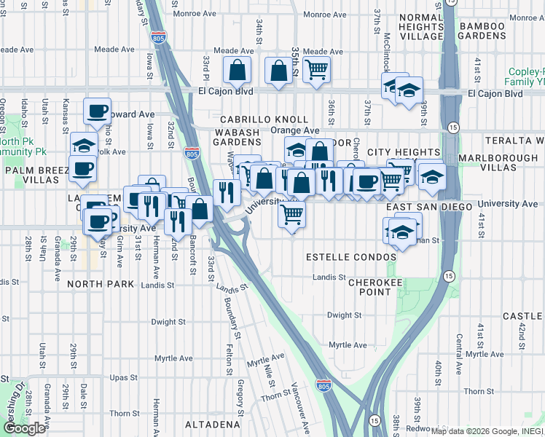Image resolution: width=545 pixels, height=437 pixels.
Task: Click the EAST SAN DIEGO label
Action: pos(429,207)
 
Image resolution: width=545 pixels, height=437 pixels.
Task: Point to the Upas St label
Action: pos(123,377)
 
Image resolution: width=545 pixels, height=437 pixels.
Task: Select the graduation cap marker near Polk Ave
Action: pos(84,146)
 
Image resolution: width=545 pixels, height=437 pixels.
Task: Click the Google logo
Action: pos(24,428)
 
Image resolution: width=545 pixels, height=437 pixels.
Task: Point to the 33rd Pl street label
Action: pos(207,67)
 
